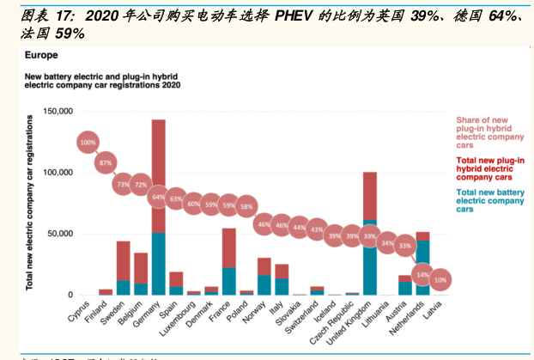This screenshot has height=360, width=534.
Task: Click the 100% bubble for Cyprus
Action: pos(88,143)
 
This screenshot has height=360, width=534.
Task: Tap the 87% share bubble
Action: pos(106,162)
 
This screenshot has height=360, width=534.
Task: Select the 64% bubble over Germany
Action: pos(158,197)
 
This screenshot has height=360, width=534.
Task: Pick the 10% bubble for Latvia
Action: pos(440,280)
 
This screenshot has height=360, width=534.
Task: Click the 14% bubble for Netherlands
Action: pos(421,274)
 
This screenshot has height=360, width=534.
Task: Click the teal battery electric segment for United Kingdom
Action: pos(370,258)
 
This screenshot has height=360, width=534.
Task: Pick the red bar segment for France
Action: pos(228,247)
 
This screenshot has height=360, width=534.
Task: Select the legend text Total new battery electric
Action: pos(490,200)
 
